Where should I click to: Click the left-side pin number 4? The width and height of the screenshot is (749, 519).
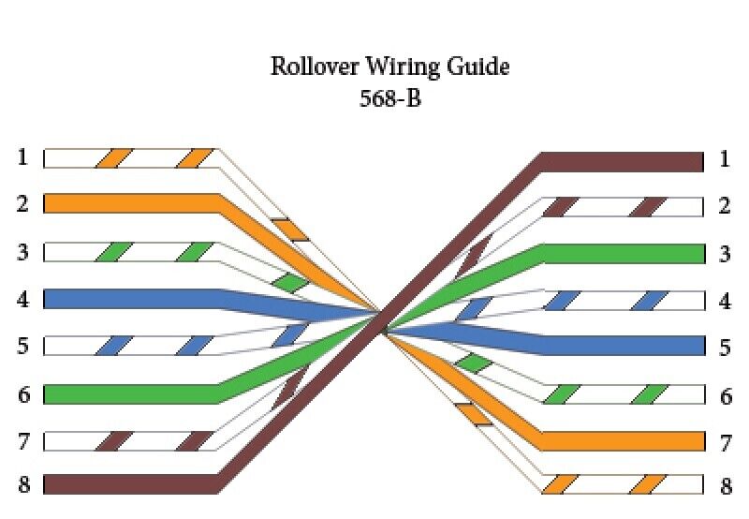(22, 300)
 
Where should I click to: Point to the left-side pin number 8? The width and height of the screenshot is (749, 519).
(22, 484)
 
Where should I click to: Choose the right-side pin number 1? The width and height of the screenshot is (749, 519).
(724, 159)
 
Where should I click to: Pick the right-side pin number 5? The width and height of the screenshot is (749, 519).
(724, 348)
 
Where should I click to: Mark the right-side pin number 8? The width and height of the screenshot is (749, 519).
(724, 485)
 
